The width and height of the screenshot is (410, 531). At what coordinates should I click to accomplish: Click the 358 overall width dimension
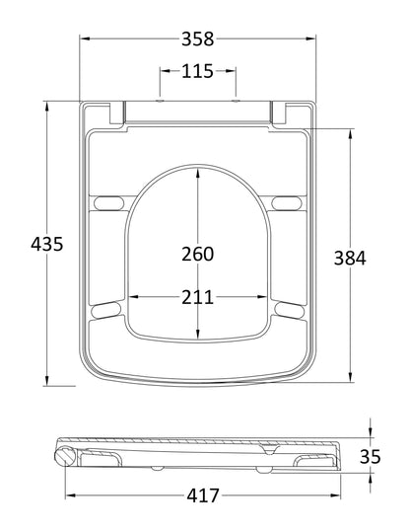pos(197,40)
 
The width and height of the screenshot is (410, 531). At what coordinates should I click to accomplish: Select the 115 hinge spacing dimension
pos(197,72)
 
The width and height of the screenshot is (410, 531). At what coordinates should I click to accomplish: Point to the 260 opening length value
pos(197,254)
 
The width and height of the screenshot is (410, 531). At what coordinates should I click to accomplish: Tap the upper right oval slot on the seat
pos(289,203)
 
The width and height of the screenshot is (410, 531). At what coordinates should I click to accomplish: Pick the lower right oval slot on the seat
pos(289,312)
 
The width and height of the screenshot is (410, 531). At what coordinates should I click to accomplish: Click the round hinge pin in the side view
pos(66,456)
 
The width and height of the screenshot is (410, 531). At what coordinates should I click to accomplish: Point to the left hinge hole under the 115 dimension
pos(159,101)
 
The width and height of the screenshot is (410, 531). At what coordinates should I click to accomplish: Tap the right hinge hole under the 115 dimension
pos(236,101)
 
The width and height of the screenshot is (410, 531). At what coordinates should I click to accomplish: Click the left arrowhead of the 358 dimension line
pos(84,39)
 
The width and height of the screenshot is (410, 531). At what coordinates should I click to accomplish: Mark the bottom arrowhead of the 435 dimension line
pos(46,384)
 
